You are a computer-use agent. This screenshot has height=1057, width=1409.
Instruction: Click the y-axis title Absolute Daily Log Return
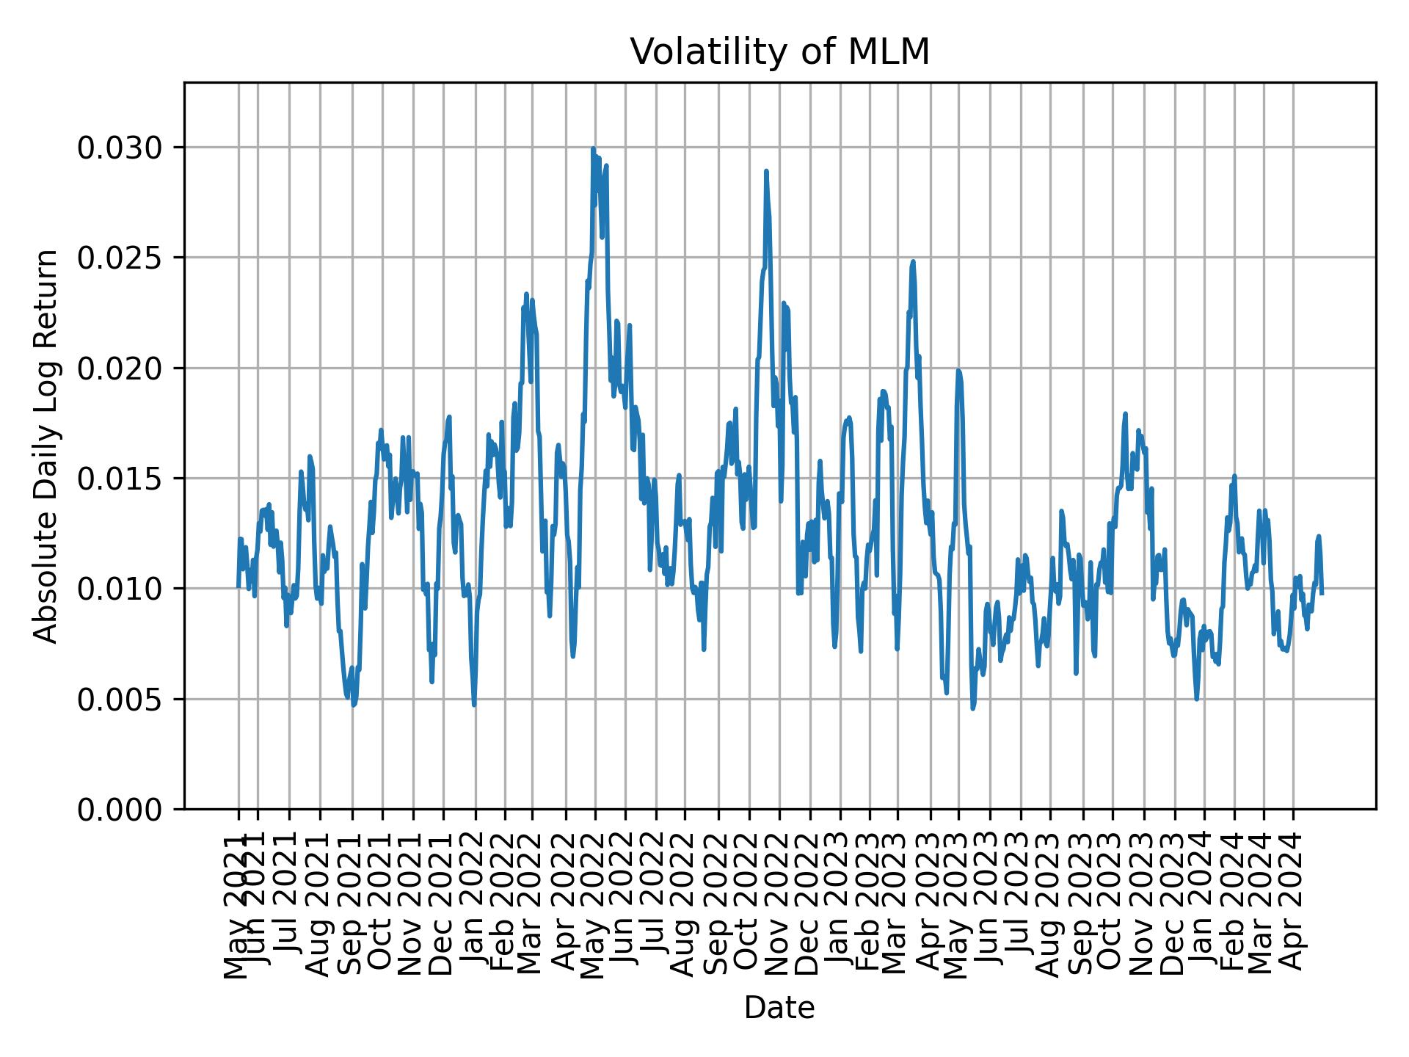coord(47,446)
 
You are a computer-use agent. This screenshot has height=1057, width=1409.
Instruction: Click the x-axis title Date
coord(779,1008)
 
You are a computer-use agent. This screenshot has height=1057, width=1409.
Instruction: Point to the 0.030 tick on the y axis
coord(120,148)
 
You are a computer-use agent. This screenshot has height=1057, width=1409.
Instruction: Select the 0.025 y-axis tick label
coord(120,258)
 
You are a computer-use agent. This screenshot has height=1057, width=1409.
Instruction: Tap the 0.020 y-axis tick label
coord(120,368)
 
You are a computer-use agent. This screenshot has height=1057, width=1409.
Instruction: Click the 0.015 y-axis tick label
coord(120,479)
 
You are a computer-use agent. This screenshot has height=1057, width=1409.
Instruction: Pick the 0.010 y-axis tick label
coord(120,589)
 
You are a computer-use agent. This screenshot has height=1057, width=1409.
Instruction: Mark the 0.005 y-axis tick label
coord(120,699)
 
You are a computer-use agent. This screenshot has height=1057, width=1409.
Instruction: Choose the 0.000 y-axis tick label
coord(120,809)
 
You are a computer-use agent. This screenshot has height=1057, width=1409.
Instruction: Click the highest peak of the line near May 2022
coord(593,149)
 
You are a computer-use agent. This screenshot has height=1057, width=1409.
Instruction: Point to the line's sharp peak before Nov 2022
coord(766,171)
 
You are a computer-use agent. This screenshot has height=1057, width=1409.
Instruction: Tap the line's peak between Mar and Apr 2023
coord(913,261)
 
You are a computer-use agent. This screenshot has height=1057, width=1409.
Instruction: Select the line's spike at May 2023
coord(958,371)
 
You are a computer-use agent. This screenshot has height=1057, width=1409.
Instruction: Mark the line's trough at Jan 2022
coord(474,705)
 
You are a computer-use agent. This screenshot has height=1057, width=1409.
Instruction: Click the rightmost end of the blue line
coord(1322,592)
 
